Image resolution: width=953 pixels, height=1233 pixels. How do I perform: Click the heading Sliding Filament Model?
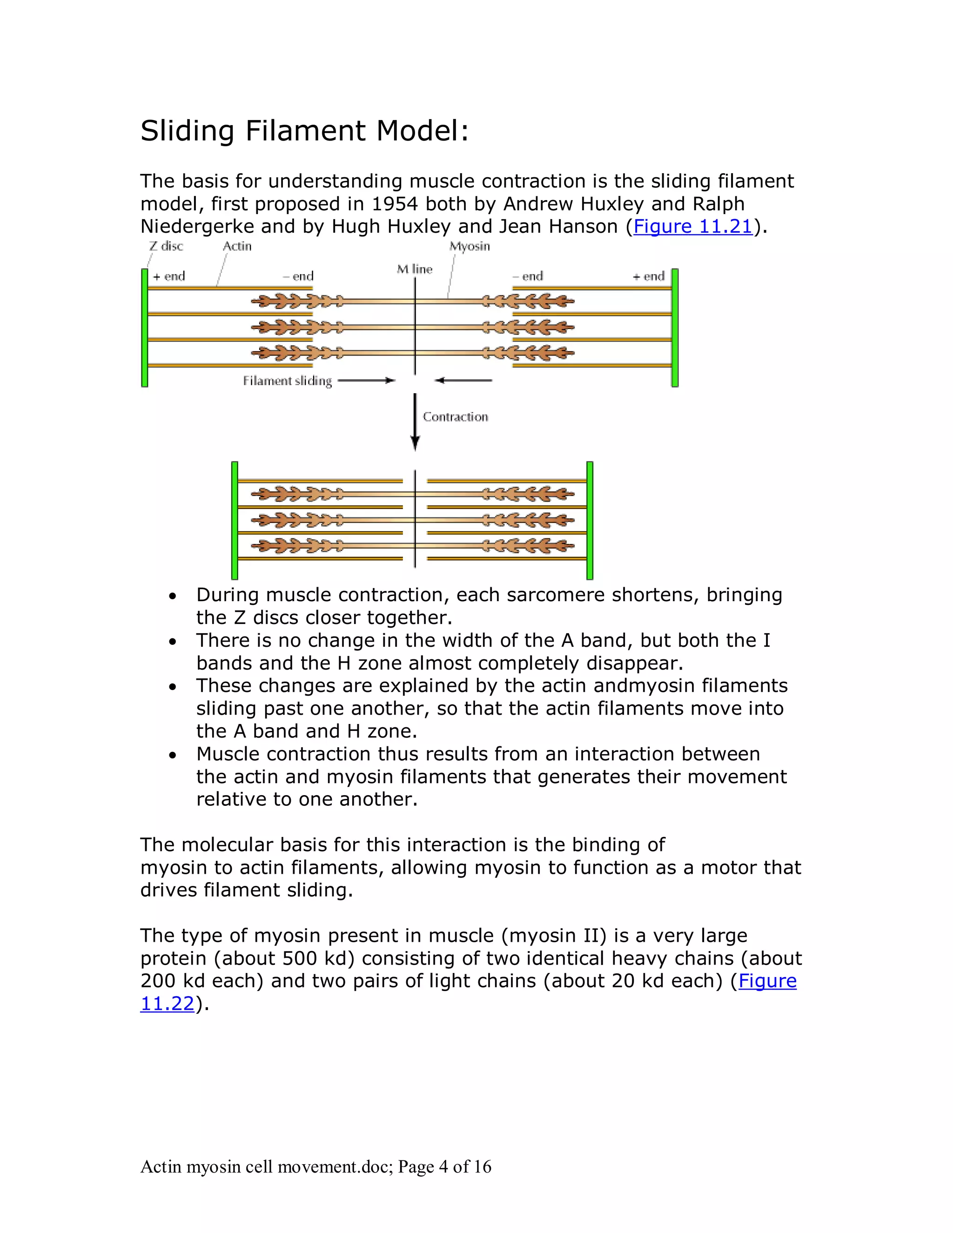pyautogui.click(x=304, y=131)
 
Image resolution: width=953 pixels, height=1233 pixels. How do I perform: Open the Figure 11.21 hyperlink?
pyautogui.click(x=693, y=227)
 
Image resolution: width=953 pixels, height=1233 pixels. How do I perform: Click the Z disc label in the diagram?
pyautogui.click(x=166, y=246)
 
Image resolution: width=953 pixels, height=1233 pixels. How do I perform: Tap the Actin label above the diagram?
pyautogui.click(x=237, y=246)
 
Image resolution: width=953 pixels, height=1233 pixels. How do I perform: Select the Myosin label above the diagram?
pyautogui.click(x=470, y=246)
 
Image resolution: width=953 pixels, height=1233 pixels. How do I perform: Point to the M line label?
pyautogui.click(x=415, y=269)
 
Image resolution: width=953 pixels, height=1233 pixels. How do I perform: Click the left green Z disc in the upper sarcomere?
pyautogui.click(x=145, y=328)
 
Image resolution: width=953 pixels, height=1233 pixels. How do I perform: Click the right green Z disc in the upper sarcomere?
pyautogui.click(x=675, y=328)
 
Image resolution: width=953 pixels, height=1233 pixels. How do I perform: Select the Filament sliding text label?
pyautogui.click(x=288, y=381)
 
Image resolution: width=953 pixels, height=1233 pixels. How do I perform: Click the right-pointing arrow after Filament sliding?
pyautogui.click(x=366, y=381)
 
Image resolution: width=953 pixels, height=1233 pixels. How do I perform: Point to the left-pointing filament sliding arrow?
pyautogui.click(x=463, y=381)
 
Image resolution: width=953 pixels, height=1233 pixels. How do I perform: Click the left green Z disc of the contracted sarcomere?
pyautogui.click(x=235, y=520)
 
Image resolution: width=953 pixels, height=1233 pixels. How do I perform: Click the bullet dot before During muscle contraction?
pyautogui.click(x=173, y=596)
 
